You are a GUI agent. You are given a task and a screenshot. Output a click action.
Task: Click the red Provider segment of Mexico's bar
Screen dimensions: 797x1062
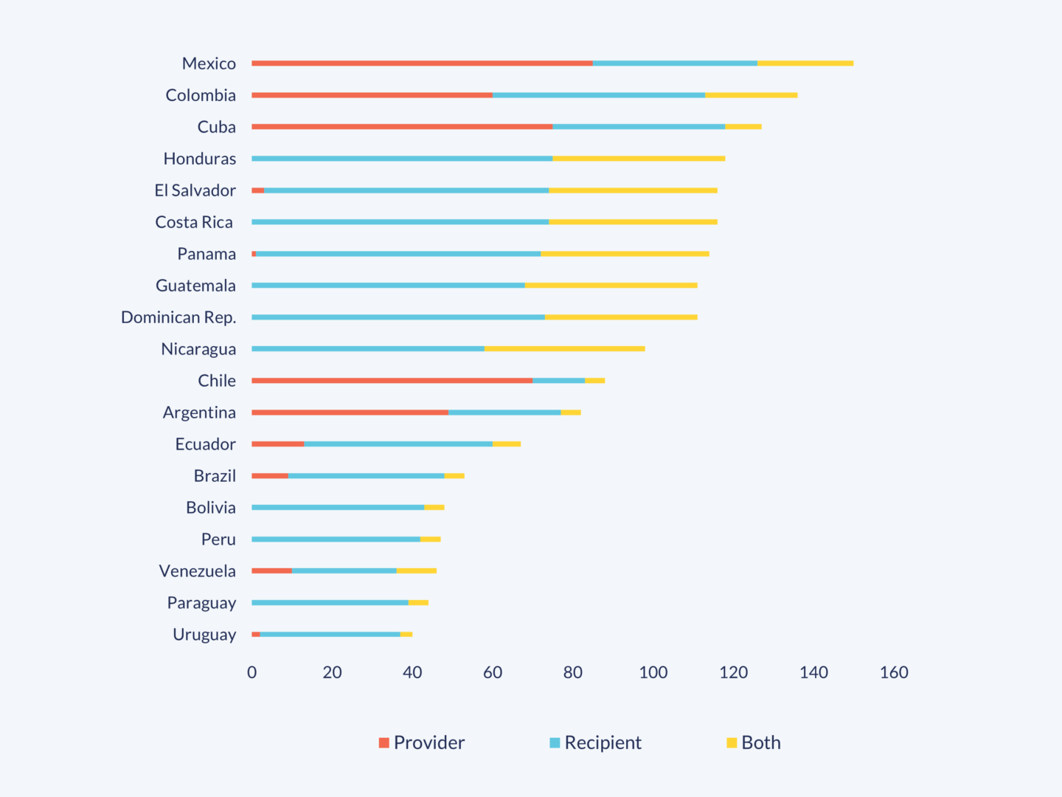(x=422, y=63)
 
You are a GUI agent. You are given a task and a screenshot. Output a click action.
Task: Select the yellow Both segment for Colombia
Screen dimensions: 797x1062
(x=751, y=95)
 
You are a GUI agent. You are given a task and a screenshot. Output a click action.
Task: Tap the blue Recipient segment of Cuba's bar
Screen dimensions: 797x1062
(x=639, y=127)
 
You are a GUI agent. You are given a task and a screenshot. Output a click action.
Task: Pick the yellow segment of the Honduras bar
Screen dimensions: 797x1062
(x=639, y=159)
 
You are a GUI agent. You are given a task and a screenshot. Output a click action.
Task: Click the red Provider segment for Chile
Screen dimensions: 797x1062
(x=392, y=381)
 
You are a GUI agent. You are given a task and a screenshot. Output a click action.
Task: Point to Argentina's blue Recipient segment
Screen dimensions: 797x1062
(x=504, y=413)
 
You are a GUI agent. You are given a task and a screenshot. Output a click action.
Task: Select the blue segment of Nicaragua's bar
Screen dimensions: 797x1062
(x=368, y=349)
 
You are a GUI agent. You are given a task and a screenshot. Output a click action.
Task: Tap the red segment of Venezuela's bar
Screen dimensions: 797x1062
(x=271, y=571)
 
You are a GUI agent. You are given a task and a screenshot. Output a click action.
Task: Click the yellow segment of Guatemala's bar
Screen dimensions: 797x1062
(x=611, y=286)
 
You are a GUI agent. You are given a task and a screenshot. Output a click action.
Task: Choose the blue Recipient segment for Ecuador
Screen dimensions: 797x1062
(x=398, y=444)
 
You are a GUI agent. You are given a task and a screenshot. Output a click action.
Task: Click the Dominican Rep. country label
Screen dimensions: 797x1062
(x=178, y=317)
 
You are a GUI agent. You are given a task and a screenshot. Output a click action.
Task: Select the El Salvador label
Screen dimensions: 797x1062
(x=195, y=190)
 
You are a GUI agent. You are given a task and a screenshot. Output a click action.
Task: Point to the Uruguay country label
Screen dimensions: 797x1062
(x=204, y=635)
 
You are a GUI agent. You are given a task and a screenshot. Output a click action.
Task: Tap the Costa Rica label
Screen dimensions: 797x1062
(x=194, y=222)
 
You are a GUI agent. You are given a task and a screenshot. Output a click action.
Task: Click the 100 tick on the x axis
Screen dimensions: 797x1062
(x=653, y=672)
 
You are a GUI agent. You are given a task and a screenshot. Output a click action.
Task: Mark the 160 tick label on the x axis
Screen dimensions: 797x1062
(x=894, y=672)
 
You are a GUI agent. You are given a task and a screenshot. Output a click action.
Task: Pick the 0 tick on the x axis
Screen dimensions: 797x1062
(x=252, y=672)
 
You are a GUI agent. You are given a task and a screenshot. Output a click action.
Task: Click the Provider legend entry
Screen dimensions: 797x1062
(x=421, y=742)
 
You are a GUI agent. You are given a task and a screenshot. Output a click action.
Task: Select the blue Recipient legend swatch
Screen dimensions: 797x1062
(x=555, y=742)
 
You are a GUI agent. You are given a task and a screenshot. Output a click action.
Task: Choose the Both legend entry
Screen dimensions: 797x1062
(x=753, y=742)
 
